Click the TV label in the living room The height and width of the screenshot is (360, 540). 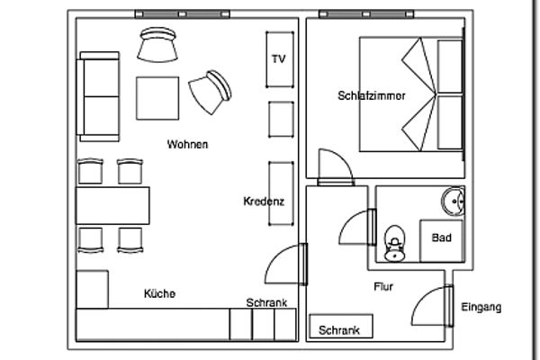coord(278,59)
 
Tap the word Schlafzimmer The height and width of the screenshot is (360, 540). coord(372,95)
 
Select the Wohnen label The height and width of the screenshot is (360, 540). coord(187,144)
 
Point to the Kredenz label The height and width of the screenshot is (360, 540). coord(264,202)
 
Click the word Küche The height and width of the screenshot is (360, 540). coord(159,293)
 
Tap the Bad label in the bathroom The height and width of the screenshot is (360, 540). coord(441,238)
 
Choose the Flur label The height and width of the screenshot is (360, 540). coord(384,287)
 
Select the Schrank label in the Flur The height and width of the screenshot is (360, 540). coord(339,330)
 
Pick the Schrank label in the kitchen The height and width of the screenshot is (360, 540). coord(266,303)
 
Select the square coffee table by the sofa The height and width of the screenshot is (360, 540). coord(157,96)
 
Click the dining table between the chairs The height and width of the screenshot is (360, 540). coord(112,207)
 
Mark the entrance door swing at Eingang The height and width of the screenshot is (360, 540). coord(432,306)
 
